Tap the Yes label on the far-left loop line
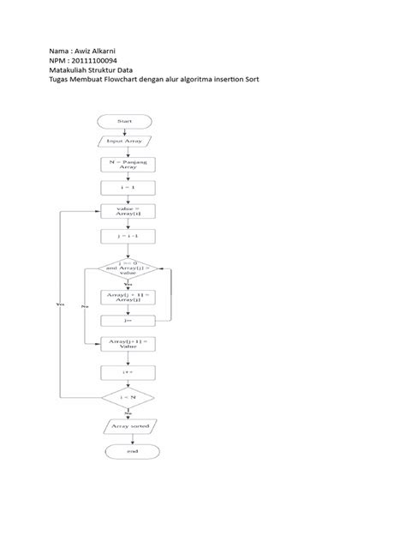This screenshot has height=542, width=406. click(x=59, y=304)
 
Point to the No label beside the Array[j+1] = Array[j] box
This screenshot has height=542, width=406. click(x=84, y=305)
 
